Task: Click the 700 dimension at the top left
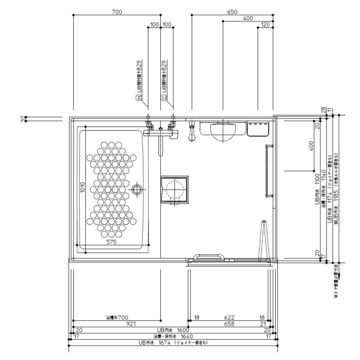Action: (x=117, y=12)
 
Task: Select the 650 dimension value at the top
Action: (x=232, y=12)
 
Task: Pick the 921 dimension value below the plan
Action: (x=131, y=324)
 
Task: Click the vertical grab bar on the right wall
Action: (x=266, y=172)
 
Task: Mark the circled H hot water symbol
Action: (x=138, y=98)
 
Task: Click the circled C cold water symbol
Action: (x=164, y=98)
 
